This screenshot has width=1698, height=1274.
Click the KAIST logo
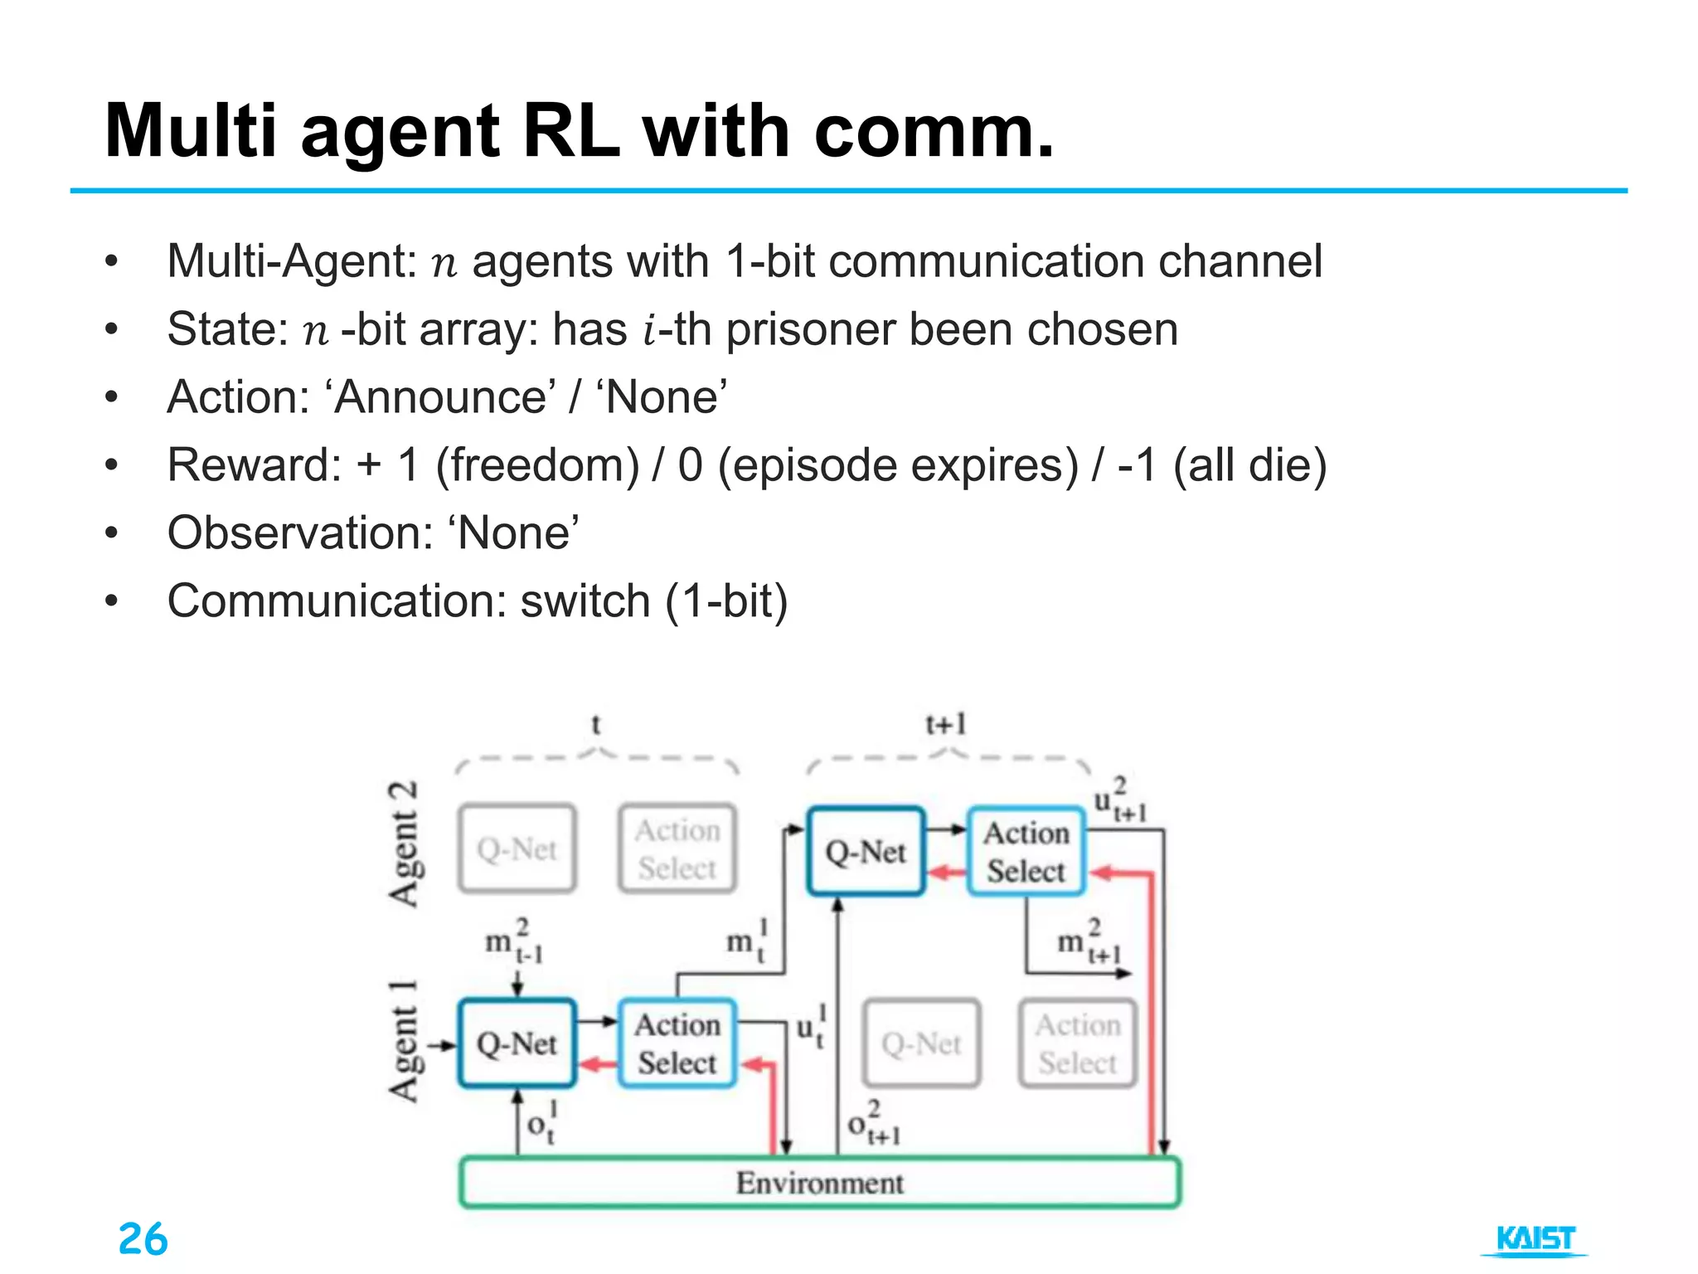click(x=1535, y=1239)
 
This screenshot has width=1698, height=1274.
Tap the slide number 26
click(x=143, y=1239)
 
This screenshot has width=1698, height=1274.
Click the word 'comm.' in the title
click(x=934, y=132)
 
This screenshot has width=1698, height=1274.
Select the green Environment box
click(x=819, y=1183)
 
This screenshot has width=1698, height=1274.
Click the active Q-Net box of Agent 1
click(x=517, y=1043)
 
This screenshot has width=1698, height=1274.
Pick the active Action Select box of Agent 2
click(x=1026, y=852)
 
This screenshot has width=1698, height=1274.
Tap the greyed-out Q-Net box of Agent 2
click(x=517, y=849)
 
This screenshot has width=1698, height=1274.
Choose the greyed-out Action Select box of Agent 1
click(x=1077, y=1043)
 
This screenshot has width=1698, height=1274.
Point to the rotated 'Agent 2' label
click(x=404, y=844)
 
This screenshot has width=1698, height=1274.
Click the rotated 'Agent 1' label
click(x=404, y=1042)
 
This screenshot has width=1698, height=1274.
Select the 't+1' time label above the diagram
click(x=945, y=725)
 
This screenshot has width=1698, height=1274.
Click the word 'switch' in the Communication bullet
click(x=585, y=601)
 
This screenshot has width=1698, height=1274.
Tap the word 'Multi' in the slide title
click(x=191, y=132)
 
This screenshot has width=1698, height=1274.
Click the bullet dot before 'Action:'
click(x=112, y=398)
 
